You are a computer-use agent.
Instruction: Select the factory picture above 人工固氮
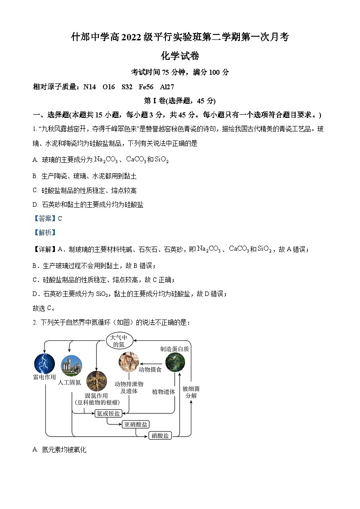(71, 366)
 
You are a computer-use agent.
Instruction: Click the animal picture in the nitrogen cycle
(129, 361)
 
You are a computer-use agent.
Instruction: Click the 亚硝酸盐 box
(136, 424)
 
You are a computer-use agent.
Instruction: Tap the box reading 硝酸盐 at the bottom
(160, 436)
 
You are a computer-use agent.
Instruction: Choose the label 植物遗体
(164, 392)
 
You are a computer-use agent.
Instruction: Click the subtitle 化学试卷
(180, 56)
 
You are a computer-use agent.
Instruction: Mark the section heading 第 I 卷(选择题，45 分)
(180, 101)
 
